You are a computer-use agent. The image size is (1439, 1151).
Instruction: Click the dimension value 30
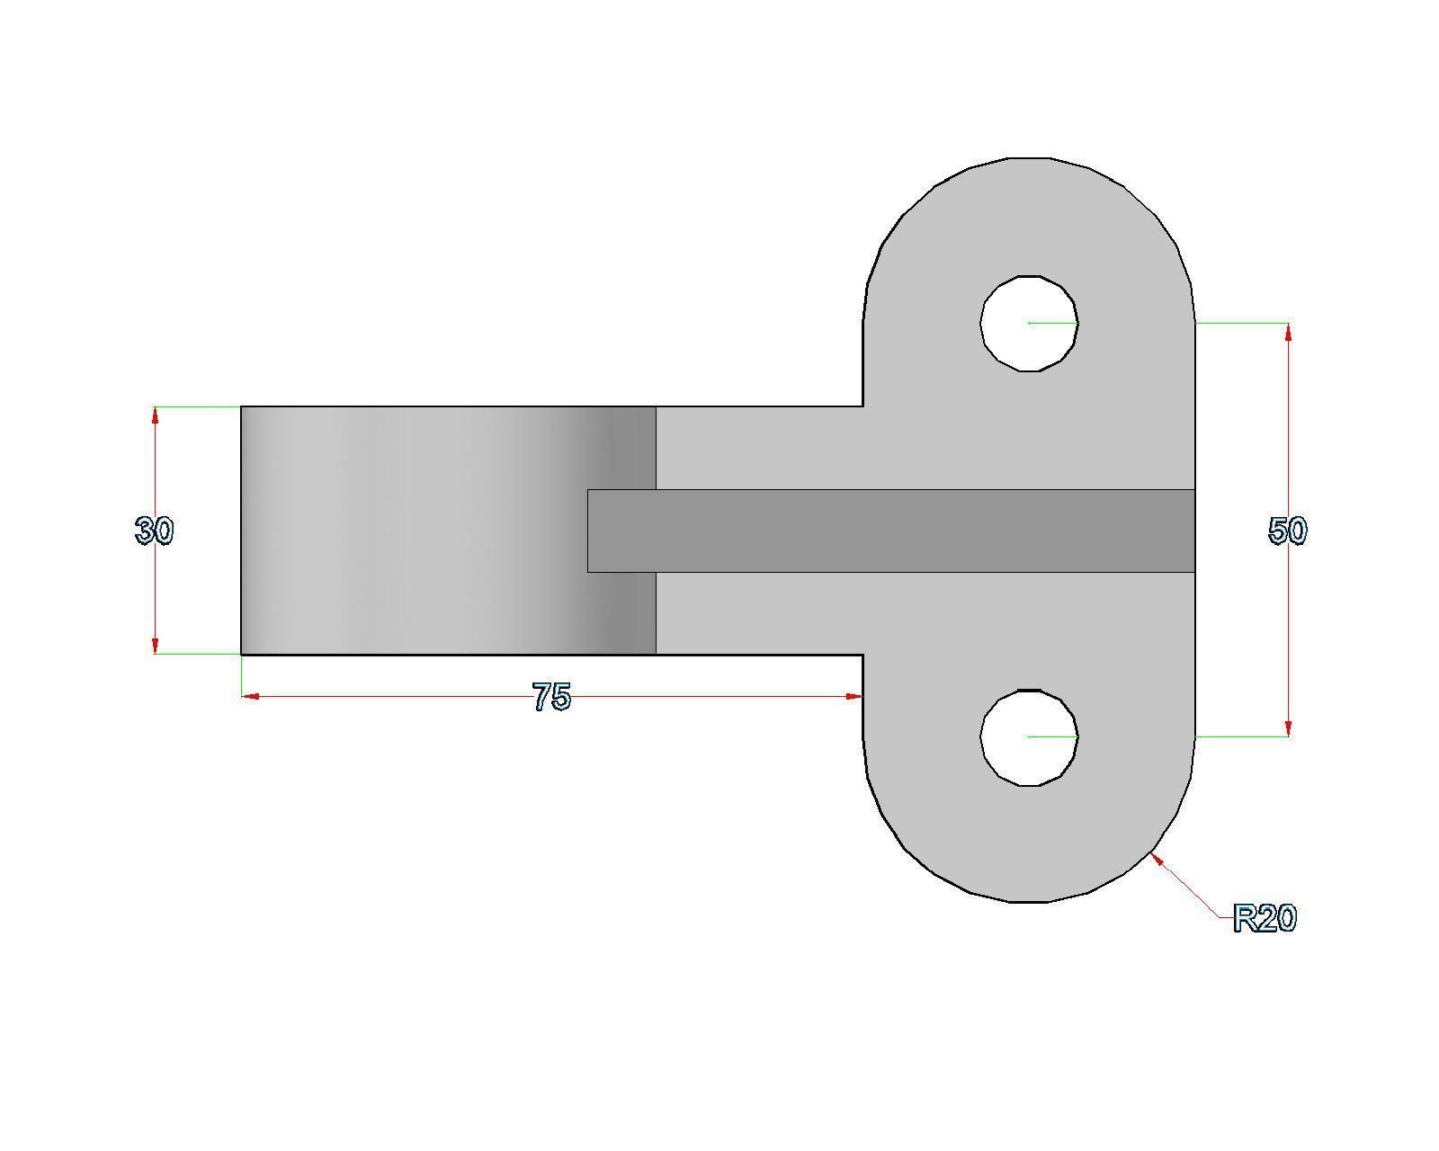pos(154,531)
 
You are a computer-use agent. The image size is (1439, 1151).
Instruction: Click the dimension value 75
pos(551,697)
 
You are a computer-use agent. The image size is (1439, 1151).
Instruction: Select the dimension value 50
pos(1287,531)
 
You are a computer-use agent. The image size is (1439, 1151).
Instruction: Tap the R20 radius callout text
pos(1265,919)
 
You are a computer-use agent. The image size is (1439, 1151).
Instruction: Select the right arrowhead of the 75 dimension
pos(854,696)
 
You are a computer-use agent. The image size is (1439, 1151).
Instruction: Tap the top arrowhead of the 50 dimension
pos(1289,332)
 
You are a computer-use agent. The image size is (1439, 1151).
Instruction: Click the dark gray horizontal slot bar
pos(899,531)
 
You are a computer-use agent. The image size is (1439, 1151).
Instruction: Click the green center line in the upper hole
pos(1052,322)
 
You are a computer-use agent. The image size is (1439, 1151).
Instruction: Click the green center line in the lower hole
pos(1052,736)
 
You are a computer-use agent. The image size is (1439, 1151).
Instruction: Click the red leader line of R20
pos(1187,888)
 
